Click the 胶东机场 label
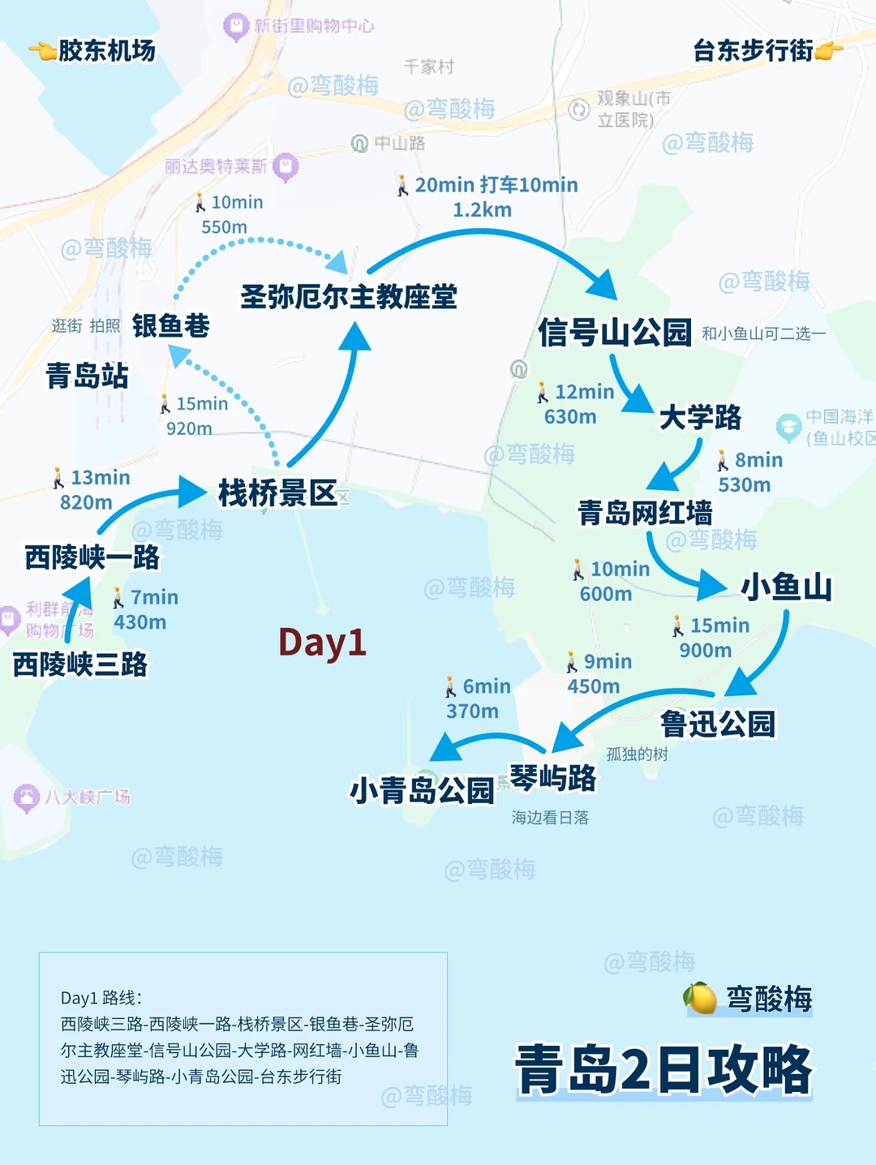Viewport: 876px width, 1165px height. click(106, 50)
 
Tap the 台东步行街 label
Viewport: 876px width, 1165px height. click(753, 50)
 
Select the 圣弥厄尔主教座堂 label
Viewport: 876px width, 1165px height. click(349, 296)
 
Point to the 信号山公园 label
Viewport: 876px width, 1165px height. click(615, 333)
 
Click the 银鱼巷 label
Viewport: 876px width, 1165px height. click(170, 325)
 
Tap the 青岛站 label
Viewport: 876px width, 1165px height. click(87, 376)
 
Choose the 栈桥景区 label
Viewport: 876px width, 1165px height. click(277, 492)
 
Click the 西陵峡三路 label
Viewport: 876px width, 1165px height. click(80, 664)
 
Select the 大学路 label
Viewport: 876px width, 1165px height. click(700, 417)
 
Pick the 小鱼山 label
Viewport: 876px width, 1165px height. click(786, 587)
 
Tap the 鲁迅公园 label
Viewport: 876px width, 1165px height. click(718, 724)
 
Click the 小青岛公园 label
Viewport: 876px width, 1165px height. click(422, 789)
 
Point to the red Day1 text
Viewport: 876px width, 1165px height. click(322, 643)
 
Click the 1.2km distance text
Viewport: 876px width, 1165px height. click(482, 210)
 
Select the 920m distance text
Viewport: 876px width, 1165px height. click(189, 428)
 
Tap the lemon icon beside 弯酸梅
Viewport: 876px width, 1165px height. click(701, 998)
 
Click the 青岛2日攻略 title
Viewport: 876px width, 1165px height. click(663, 1069)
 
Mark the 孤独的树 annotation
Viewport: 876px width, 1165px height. click(637, 754)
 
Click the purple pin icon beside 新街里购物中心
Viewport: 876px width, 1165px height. click(235, 27)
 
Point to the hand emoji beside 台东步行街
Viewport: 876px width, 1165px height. click(828, 51)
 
